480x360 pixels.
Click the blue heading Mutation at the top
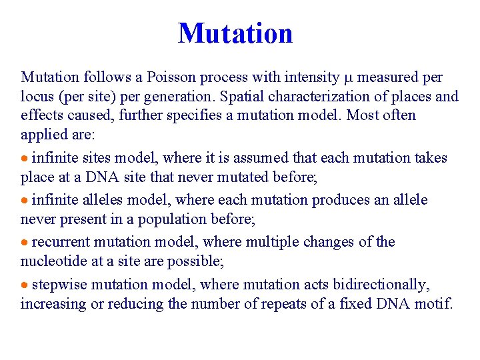coord(235,33)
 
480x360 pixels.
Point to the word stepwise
coord(59,285)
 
